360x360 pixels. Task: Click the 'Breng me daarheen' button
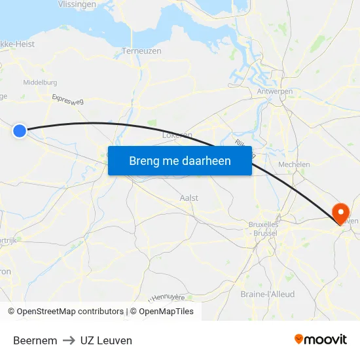tap(180, 160)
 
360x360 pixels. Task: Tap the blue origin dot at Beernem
tap(20, 131)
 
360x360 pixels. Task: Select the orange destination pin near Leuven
tap(340, 213)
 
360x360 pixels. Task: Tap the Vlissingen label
tap(77, 4)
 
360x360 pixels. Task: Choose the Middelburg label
tap(40, 82)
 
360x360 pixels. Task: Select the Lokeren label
tap(177, 135)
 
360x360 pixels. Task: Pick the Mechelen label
tap(294, 164)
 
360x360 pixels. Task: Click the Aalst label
tap(189, 198)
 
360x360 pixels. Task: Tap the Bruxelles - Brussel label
tap(264, 228)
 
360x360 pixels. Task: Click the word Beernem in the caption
tap(35, 340)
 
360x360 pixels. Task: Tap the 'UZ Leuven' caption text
tap(106, 340)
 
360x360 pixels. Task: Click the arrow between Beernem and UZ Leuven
tap(69, 340)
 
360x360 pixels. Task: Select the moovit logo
tap(320, 339)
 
